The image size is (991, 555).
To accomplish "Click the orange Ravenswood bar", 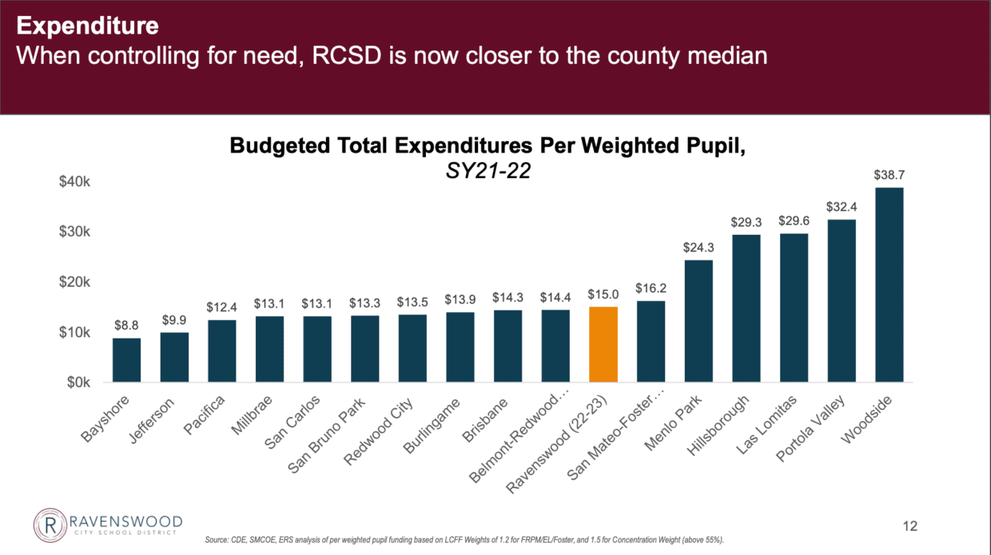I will click(603, 344).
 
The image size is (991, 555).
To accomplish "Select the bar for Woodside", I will click(889, 285).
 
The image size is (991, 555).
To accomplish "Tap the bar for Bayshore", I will click(126, 360).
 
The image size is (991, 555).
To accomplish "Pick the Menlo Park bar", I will click(698, 321).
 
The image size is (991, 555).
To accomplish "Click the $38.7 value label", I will click(889, 174).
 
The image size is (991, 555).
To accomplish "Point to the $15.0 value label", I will click(603, 294).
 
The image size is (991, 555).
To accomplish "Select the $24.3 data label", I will click(698, 247).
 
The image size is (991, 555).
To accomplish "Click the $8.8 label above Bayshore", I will click(126, 325).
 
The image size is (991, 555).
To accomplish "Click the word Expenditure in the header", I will click(88, 26).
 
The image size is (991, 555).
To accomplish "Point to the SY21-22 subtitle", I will click(487, 172).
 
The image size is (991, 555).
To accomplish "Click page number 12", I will click(909, 526).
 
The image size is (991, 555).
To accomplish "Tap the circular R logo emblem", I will click(49, 525).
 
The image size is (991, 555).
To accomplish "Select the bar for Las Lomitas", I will click(794, 307).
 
